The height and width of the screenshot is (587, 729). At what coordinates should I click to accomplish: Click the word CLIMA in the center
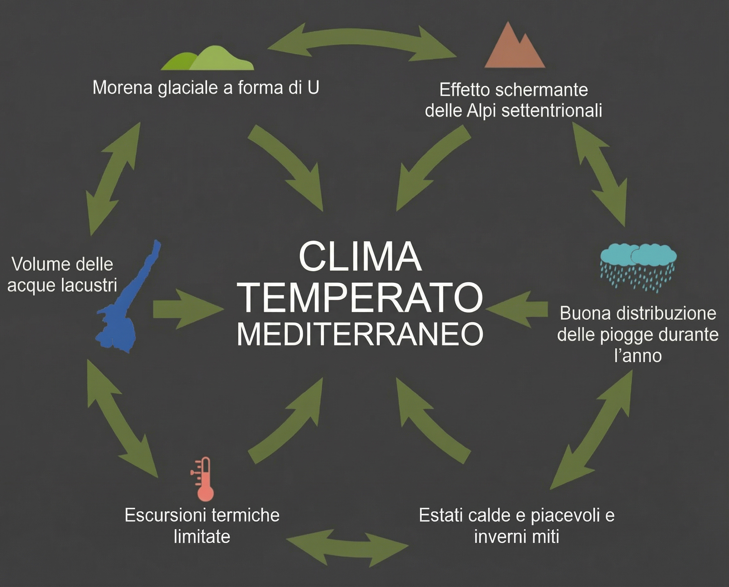point(360,256)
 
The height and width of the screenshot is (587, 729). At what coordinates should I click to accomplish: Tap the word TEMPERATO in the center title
point(360,297)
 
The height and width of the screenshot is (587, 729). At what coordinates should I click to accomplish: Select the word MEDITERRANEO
point(360,334)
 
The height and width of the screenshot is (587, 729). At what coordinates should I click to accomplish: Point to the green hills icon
point(208,59)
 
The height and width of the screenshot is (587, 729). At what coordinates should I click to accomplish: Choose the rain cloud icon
point(638,265)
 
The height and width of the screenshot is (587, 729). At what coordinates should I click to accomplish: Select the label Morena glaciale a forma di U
point(206,87)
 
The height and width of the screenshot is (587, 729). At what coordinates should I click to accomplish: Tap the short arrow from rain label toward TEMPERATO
point(518,309)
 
